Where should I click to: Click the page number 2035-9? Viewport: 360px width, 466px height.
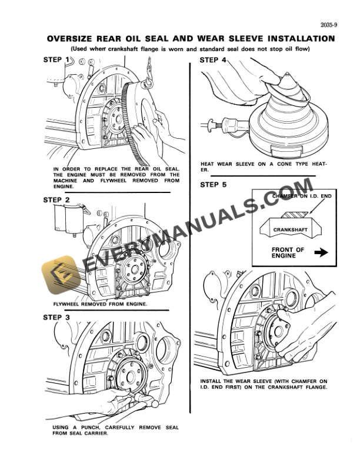pyautogui.click(x=330, y=25)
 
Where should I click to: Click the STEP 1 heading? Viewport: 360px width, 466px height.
pyautogui.click(x=57, y=60)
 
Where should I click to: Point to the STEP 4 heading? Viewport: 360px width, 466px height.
pyautogui.click(x=213, y=60)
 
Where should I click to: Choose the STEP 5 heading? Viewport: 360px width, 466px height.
pyautogui.click(x=213, y=185)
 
